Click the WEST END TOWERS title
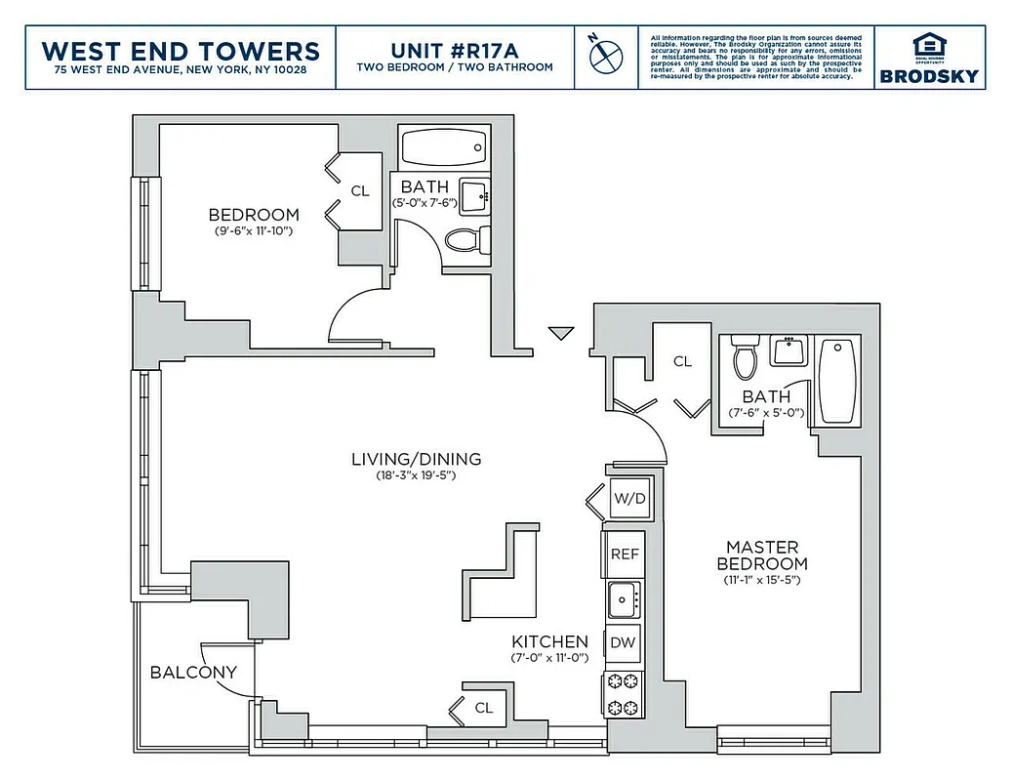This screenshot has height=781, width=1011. [182, 50]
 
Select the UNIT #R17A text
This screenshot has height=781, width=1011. [456, 49]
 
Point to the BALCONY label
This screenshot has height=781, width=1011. [193, 673]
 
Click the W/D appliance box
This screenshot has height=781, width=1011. [628, 499]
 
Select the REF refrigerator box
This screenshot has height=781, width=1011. [625, 554]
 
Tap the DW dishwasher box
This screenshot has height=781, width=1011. [624, 643]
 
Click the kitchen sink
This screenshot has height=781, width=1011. [624, 598]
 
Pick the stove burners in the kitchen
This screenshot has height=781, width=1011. [624, 694]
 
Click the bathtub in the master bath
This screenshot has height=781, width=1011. [838, 381]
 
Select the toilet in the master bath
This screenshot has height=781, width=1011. [746, 359]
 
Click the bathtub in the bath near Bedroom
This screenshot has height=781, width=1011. [442, 148]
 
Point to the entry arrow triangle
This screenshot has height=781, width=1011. [559, 334]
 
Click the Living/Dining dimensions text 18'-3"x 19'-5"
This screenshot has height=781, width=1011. [417, 475]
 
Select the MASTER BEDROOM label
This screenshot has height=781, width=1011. [761, 555]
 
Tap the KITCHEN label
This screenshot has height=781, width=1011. [550, 641]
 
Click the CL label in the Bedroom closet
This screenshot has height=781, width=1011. [360, 191]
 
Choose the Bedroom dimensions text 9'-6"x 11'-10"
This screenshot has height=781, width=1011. [254, 231]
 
